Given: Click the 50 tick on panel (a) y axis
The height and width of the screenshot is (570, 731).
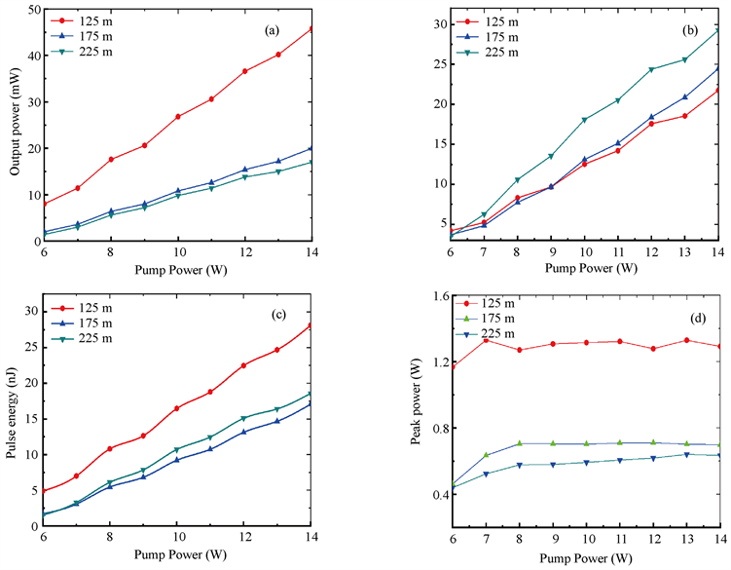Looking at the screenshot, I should tap(31, 10).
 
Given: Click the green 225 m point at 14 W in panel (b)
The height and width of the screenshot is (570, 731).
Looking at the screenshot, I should tap(718, 30).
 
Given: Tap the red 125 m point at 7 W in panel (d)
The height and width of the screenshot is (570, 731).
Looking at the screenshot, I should tap(485, 340).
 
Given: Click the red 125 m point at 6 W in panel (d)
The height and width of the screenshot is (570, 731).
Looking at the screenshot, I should tap(451, 367).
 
